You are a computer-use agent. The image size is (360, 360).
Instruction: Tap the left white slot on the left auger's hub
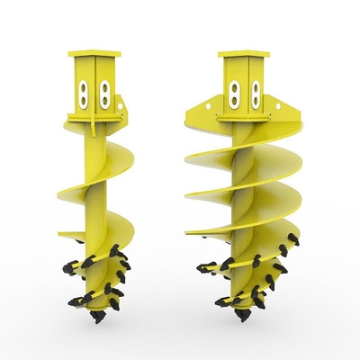(x=85, y=94)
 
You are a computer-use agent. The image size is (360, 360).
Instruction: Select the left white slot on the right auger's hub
(x=236, y=94)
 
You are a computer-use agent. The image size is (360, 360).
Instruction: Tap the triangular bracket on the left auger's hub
(x=121, y=112)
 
